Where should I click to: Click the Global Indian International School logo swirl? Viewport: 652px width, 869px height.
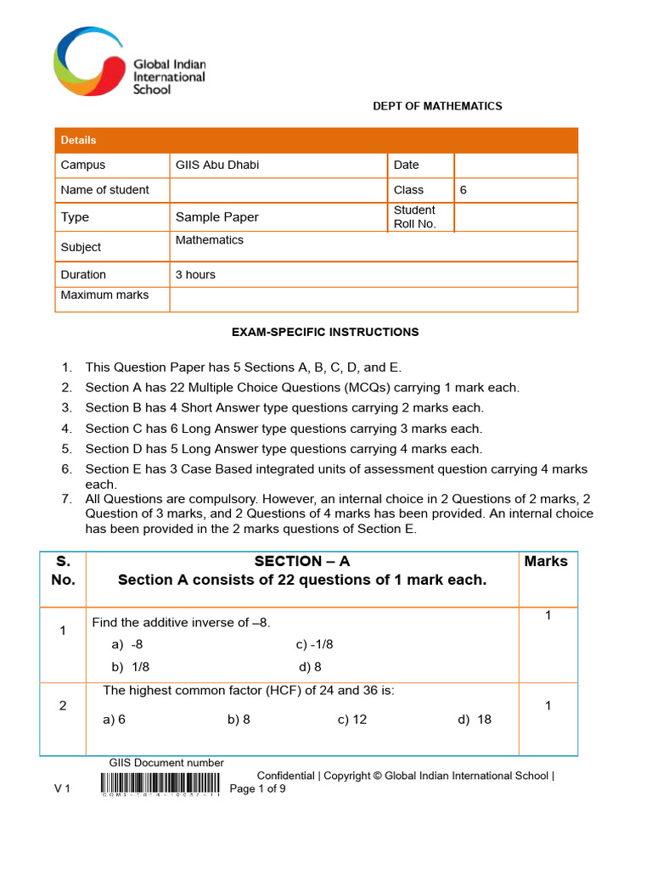pos(88,61)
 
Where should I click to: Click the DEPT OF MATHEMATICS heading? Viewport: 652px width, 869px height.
pos(437,106)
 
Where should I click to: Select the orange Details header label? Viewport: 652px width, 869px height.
pos(78,140)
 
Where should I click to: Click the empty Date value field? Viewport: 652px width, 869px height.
pos(515,165)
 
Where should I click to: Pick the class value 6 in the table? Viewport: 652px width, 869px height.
pos(464,190)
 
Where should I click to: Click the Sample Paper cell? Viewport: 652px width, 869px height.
pos(217,217)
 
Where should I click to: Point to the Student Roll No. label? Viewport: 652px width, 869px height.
pos(414,217)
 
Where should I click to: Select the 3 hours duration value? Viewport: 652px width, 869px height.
pos(195,275)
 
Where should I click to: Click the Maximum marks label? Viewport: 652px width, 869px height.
pos(104,295)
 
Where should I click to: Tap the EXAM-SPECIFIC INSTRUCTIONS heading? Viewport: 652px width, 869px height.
pos(325,332)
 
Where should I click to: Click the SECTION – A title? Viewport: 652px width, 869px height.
pos(302,561)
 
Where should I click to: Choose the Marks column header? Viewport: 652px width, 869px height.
pos(546,561)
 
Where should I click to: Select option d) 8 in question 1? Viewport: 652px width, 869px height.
pos(310,667)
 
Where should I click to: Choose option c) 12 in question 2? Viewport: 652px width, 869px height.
pos(352,720)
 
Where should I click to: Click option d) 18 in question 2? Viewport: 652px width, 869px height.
pos(475,720)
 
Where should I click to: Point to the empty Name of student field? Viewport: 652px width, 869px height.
pos(278,190)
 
